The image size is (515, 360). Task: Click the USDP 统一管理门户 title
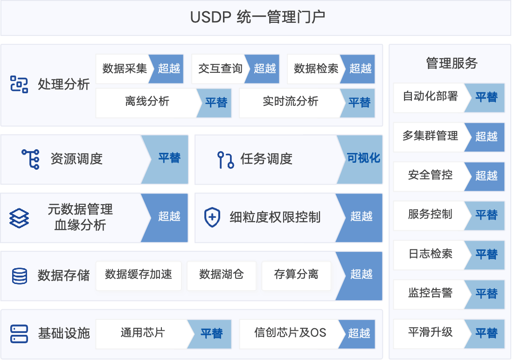tap(257, 17)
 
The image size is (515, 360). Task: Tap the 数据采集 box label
tap(125, 69)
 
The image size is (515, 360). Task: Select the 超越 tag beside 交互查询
tap(264, 69)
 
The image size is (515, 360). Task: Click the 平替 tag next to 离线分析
tap(216, 102)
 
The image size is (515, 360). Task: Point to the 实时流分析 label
tap(290, 102)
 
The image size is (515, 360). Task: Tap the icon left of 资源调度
tap(31, 159)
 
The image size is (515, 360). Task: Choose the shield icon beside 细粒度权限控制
tap(212, 217)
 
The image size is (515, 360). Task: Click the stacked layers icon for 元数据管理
tap(19, 217)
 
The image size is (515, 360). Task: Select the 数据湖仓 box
tap(221, 274)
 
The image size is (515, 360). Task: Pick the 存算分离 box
tap(296, 274)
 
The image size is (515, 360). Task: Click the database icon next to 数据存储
tap(19, 276)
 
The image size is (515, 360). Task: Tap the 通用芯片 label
tap(142, 333)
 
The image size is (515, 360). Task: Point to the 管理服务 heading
tap(452, 63)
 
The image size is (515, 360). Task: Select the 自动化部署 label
tap(430, 97)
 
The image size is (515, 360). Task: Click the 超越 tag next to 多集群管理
tap(486, 136)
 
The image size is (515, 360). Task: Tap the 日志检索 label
tap(430, 254)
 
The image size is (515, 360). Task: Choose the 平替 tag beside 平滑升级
tap(486, 333)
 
